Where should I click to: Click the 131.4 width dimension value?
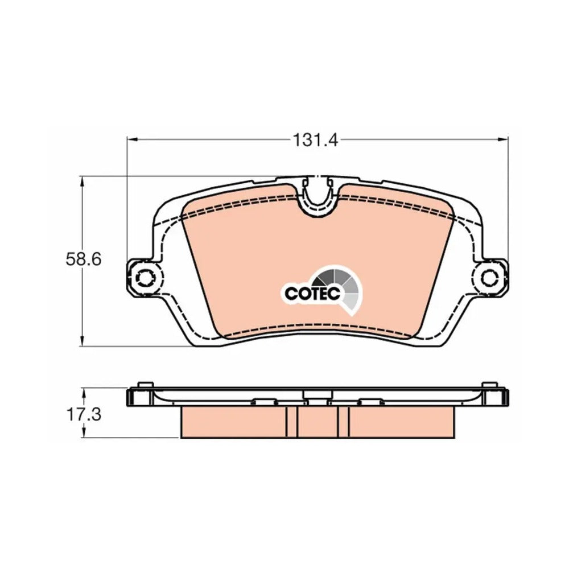point(315,140)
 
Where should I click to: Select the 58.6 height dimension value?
point(84,259)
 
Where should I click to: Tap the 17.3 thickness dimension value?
point(84,414)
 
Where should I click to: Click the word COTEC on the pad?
point(312,293)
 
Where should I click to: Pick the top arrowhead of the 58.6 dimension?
point(83,182)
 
